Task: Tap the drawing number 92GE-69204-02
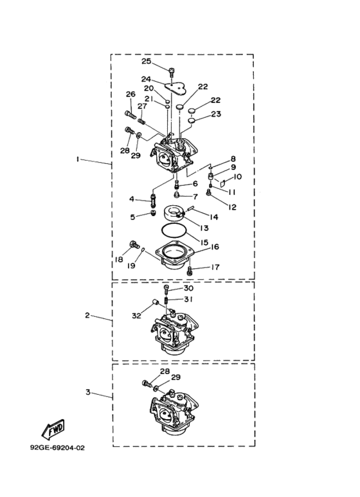(58, 448)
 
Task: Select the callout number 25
(146, 61)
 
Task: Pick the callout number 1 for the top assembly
(77, 159)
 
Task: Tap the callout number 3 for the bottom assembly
(88, 392)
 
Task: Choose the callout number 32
(136, 316)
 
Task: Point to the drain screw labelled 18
(134, 245)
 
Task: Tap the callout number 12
(232, 207)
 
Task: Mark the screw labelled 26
(129, 114)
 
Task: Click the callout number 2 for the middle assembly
(87, 316)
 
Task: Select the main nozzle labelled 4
(154, 200)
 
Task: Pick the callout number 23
(216, 114)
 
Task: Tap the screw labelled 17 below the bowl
(190, 271)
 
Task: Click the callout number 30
(188, 288)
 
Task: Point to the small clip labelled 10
(223, 183)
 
